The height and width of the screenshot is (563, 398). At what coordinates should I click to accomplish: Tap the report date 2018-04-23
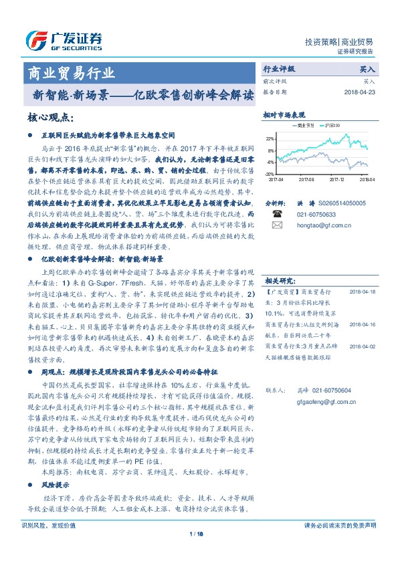[359, 92]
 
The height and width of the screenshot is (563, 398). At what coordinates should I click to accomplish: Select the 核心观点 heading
[50, 118]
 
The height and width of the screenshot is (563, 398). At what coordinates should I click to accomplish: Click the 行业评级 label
[279, 69]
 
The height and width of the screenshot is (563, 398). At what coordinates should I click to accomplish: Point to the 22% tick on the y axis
[271, 138]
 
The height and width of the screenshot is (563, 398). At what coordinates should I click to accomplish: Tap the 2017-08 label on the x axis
[307, 179]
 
